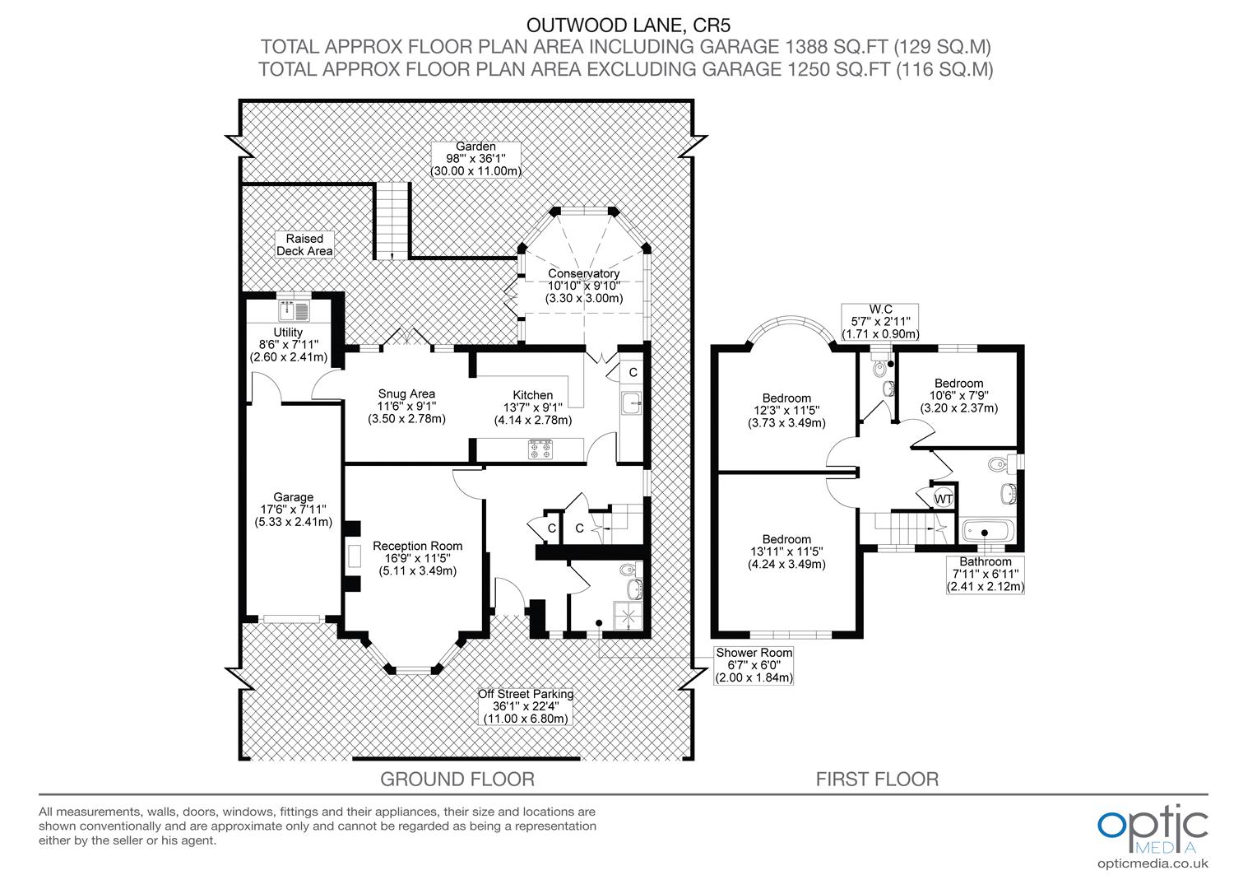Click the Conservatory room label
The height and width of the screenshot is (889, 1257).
pyautogui.click(x=583, y=273)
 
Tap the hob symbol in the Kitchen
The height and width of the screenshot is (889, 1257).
pyautogui.click(x=541, y=449)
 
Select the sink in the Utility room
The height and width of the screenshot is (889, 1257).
pyautogui.click(x=294, y=310)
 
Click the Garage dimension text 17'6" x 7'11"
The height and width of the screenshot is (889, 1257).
pyautogui.click(x=294, y=510)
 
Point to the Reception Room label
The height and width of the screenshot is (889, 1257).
pyautogui.click(x=417, y=546)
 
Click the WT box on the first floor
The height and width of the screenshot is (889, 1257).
pyautogui.click(x=943, y=499)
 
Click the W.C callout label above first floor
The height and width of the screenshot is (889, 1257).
pyautogui.click(x=879, y=310)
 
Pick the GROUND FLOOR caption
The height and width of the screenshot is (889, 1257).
pyautogui.click(x=457, y=779)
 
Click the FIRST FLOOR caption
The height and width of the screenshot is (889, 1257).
pyautogui.click(x=877, y=779)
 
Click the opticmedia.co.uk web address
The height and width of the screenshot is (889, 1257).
pyautogui.click(x=1153, y=863)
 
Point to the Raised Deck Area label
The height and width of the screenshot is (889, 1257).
pyautogui.click(x=304, y=244)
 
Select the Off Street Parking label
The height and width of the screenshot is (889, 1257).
pyautogui.click(x=525, y=694)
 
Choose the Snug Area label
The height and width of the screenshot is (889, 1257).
pyautogui.click(x=406, y=393)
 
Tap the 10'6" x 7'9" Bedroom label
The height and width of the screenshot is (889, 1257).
pyautogui.click(x=958, y=384)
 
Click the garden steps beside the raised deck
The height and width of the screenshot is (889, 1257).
pyautogui.click(x=392, y=220)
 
